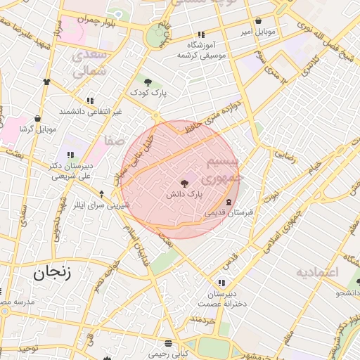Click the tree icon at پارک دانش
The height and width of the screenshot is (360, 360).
click(184, 182)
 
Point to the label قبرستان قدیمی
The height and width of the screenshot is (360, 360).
click(229, 212)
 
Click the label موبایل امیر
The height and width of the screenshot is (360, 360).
click(259, 32)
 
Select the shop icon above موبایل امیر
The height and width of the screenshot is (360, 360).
click(259, 21)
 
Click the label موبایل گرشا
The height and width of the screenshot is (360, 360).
click(37, 129)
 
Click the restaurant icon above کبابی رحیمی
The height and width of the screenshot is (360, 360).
click(168, 344)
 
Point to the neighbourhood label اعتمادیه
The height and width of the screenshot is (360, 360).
click(317, 271)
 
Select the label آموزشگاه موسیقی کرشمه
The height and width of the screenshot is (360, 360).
click(201, 50)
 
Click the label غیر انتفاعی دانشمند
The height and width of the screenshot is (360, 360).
click(91, 111)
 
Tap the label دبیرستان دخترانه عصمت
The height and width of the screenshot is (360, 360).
click(222, 298)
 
